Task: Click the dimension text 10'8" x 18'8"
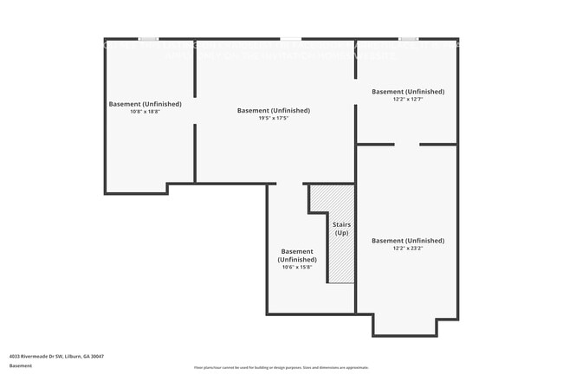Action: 146,112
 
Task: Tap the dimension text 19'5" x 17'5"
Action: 273,119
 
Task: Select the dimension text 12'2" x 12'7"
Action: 408,100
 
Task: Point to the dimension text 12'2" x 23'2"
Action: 408,249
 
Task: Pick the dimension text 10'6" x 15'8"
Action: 297,268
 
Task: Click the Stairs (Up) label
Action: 341,230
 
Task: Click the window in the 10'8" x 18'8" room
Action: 149,39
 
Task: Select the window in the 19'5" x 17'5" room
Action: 291,39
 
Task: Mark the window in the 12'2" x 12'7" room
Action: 408,39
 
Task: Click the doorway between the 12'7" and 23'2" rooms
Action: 407,145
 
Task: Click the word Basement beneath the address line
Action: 21,365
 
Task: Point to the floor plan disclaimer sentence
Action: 281,368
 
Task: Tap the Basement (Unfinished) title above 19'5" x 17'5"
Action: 273,110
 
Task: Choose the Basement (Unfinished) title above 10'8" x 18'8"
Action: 146,104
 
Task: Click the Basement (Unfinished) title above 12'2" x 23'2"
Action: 408,240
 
